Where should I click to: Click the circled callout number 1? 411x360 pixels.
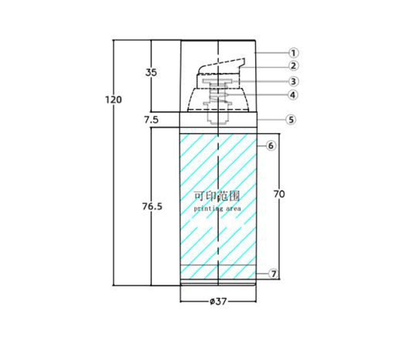293,53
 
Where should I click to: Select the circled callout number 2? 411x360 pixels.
293,65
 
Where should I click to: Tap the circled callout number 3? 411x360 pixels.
293,81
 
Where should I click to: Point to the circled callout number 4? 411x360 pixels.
293,95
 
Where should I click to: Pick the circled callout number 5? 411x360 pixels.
291,120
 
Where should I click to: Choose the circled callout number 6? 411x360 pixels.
271,145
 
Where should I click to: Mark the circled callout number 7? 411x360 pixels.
274,274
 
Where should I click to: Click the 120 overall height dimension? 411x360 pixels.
113,100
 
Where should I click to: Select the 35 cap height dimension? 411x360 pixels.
151,72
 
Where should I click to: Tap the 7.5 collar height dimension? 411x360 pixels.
152,120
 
